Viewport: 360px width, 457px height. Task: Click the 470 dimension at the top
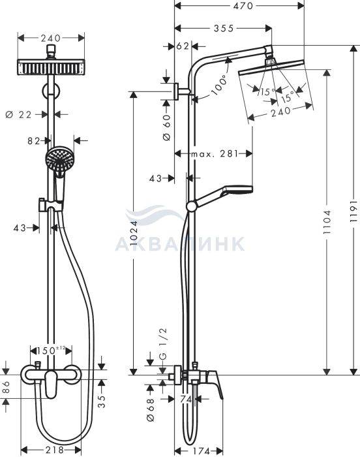[x=243, y=5]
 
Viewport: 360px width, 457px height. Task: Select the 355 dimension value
[x=224, y=28]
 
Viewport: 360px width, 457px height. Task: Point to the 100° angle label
[x=219, y=85]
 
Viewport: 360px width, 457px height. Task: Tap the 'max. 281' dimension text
[x=215, y=153]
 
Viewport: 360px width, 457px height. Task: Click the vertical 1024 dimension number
[x=133, y=233]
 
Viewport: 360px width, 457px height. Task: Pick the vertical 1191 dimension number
[x=353, y=212]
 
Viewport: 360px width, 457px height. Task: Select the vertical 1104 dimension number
[x=327, y=222]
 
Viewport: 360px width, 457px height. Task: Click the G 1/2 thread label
[x=164, y=343]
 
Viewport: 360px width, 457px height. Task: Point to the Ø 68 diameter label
[x=150, y=410]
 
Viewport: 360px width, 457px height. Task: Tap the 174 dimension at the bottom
[x=202, y=451]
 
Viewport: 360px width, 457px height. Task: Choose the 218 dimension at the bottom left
[x=55, y=449]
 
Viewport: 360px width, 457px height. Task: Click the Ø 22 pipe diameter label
[x=18, y=114]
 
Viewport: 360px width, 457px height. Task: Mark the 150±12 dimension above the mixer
[x=51, y=350]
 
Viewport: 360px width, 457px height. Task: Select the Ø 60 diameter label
[x=167, y=127]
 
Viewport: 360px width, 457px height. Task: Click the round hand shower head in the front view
[x=59, y=159]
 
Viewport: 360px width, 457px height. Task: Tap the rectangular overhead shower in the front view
[x=51, y=67]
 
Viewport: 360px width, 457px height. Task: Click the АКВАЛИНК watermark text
[x=180, y=244]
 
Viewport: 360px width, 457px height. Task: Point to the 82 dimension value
[x=33, y=141]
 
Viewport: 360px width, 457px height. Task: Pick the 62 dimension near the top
[x=183, y=46]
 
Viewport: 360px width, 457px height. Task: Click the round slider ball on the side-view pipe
[x=191, y=206]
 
